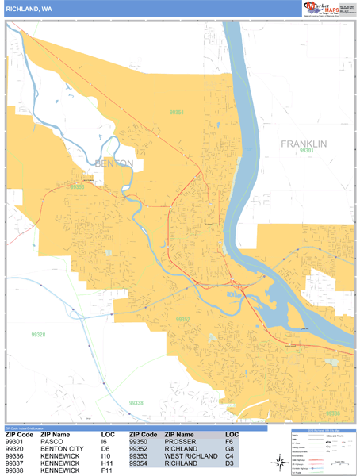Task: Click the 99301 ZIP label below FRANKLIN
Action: pyautogui.click(x=308, y=151)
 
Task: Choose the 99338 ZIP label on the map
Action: pyautogui.click(x=136, y=403)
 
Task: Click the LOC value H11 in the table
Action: pyautogui.click(x=108, y=464)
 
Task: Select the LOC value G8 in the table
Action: pyautogui.click(x=231, y=450)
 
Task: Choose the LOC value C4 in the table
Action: pyautogui.click(x=231, y=457)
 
